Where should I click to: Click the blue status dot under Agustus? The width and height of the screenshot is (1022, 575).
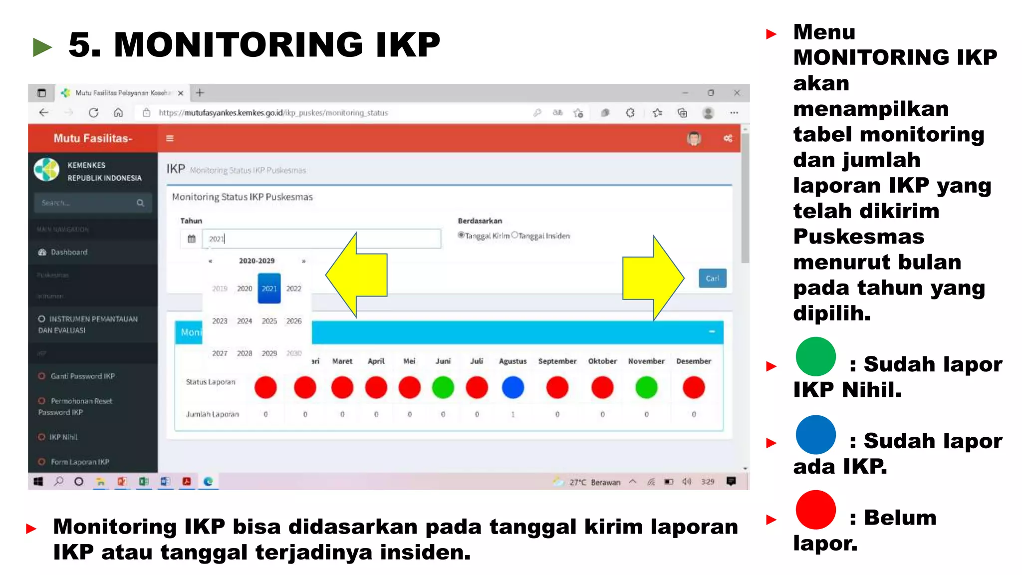(x=512, y=387)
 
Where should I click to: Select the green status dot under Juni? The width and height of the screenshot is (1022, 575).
(x=443, y=387)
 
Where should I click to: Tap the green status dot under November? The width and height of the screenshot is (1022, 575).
(x=646, y=387)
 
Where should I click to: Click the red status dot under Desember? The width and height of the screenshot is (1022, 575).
(x=694, y=387)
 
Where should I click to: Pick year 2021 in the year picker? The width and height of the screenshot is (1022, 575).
(x=269, y=288)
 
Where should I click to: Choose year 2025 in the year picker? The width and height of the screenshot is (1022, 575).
(x=269, y=321)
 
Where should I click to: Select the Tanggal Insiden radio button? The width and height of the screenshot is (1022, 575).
(x=514, y=235)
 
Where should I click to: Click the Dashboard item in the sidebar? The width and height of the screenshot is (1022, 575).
(x=69, y=252)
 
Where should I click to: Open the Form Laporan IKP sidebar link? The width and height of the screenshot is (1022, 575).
(x=79, y=462)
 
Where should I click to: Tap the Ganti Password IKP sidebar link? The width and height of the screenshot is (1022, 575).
(x=82, y=376)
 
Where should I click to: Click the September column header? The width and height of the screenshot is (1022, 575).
(x=557, y=361)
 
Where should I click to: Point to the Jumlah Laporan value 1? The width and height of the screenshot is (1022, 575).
(x=512, y=414)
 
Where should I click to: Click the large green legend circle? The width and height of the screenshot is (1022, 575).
(x=815, y=357)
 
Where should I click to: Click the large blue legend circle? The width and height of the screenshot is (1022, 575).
(x=815, y=435)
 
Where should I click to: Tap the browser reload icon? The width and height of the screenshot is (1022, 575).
(x=93, y=113)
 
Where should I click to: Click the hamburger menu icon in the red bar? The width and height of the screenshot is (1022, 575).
(x=170, y=138)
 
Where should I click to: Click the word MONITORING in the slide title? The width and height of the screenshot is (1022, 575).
(x=239, y=45)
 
